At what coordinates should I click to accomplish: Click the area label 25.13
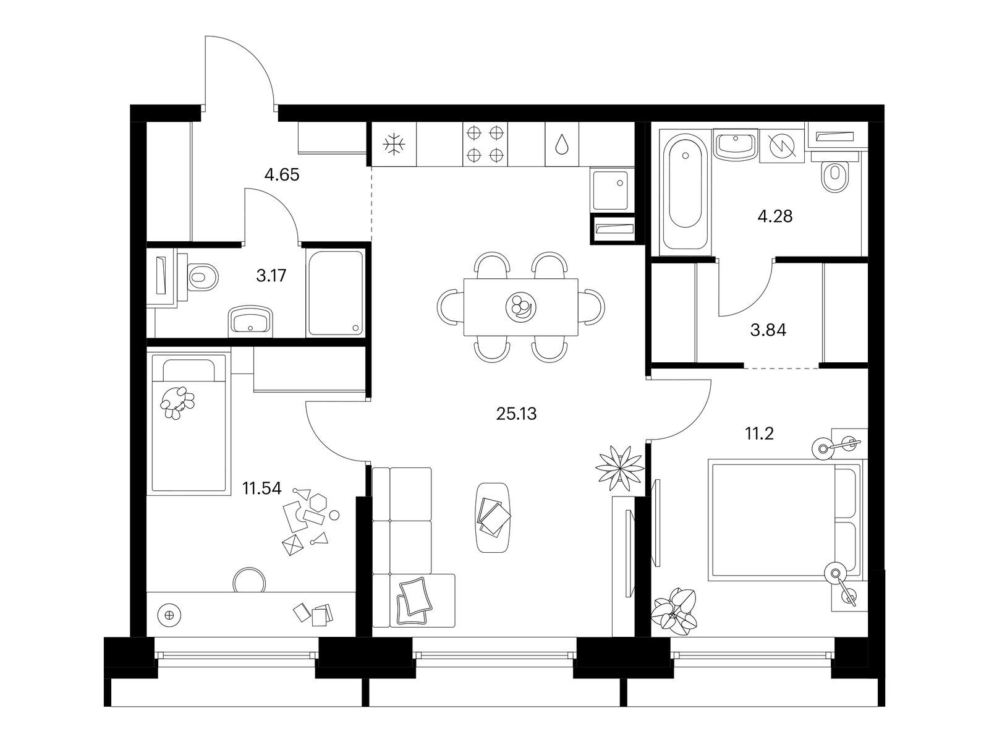coord(516,414)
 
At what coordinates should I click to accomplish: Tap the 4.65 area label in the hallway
coord(282,174)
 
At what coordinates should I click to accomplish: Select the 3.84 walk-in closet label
coord(768,330)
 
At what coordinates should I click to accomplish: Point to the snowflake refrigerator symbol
coord(394,144)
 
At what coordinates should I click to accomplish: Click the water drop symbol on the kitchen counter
coord(561,144)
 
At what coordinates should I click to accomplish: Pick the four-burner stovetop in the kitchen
coord(485,144)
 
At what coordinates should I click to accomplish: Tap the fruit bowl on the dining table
coord(520,307)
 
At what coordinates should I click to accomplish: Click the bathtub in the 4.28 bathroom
coord(686,192)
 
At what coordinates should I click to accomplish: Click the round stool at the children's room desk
coord(249,580)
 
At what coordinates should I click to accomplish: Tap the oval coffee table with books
coord(493,517)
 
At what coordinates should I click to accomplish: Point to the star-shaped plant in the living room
coord(620,468)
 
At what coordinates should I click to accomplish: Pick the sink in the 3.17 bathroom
coord(250,321)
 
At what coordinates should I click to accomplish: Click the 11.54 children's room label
coord(262,488)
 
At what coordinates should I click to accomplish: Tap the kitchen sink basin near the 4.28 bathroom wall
coord(611,190)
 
